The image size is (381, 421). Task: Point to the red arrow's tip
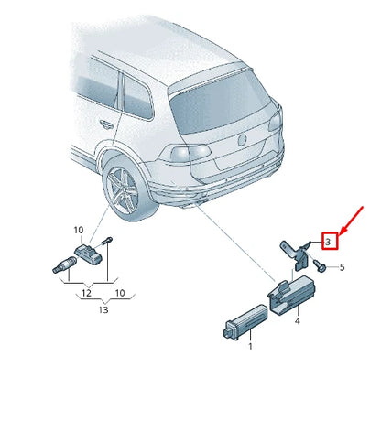point(341,230)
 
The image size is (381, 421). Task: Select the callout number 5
point(341,267)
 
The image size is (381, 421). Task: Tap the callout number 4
point(298,321)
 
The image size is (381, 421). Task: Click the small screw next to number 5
point(321,266)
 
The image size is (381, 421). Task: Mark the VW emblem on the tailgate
point(244,139)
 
